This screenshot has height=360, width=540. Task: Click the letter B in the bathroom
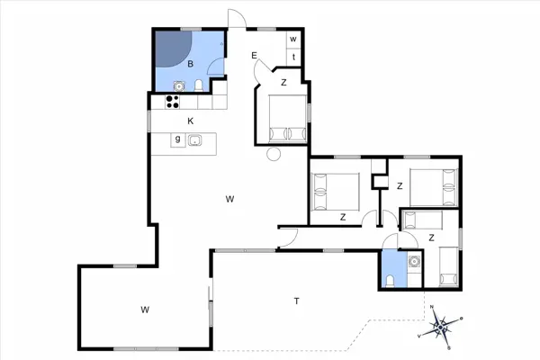tap(190, 65)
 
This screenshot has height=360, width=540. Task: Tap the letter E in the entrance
tap(255, 56)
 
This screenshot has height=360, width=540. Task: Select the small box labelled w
tap(293, 40)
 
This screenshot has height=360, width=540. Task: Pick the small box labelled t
tap(293, 57)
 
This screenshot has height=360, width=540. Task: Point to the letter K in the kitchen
tap(190, 121)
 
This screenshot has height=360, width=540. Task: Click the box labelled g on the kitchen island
tap(178, 139)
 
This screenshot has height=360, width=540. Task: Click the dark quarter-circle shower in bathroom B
tap(170, 49)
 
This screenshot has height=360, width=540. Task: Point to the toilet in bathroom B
tap(199, 86)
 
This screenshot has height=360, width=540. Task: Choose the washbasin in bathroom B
tap(178, 87)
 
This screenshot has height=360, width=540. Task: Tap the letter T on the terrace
tap(296, 301)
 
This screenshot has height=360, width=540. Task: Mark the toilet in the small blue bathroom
tap(388, 281)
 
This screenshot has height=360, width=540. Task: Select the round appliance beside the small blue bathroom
tap(414, 263)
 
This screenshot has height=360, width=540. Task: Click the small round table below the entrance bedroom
tap(274, 154)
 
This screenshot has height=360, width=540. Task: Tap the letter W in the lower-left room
tap(144, 310)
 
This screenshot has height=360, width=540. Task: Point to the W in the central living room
tap(230, 198)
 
